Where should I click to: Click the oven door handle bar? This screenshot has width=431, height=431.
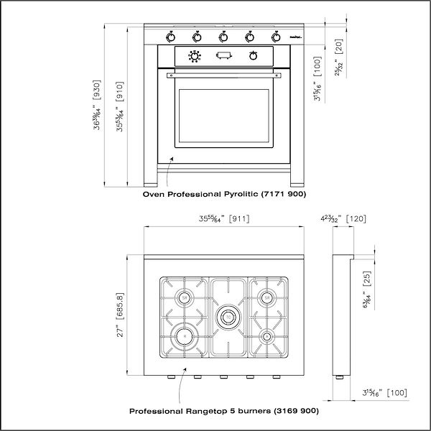223,74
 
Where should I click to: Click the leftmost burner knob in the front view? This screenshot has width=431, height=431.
170,36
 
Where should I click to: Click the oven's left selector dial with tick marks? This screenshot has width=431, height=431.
193,56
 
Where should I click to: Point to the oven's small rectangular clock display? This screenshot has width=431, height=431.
223,56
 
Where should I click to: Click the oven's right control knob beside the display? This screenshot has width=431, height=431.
253,56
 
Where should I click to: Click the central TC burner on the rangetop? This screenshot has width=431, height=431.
228,315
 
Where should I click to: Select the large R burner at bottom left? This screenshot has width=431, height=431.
184,335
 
